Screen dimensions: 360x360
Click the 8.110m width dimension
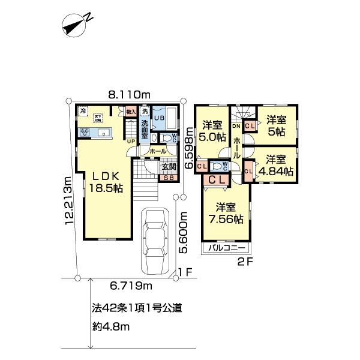point(129,94)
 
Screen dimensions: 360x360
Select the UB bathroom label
point(159,119)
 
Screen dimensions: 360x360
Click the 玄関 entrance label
point(169,167)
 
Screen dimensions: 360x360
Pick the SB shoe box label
point(169,177)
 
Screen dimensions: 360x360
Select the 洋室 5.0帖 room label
point(213,131)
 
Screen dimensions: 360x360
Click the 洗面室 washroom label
point(145,130)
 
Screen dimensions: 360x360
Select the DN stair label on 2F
point(236,126)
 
